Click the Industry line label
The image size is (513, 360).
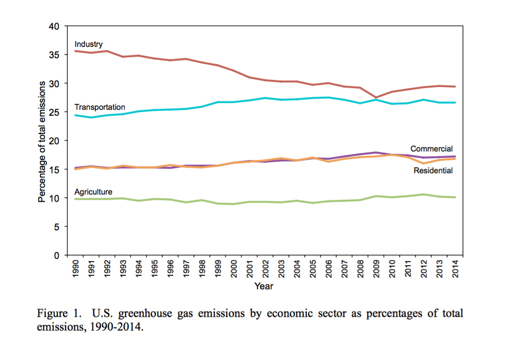pos(89,44)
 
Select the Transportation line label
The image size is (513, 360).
pos(100,107)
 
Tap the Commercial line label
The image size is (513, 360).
pos(431,149)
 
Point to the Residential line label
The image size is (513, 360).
pos(433,170)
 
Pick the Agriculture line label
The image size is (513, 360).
pos(93,191)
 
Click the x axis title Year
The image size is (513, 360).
pos(264,286)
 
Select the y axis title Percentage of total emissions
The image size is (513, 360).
pos(43,141)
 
